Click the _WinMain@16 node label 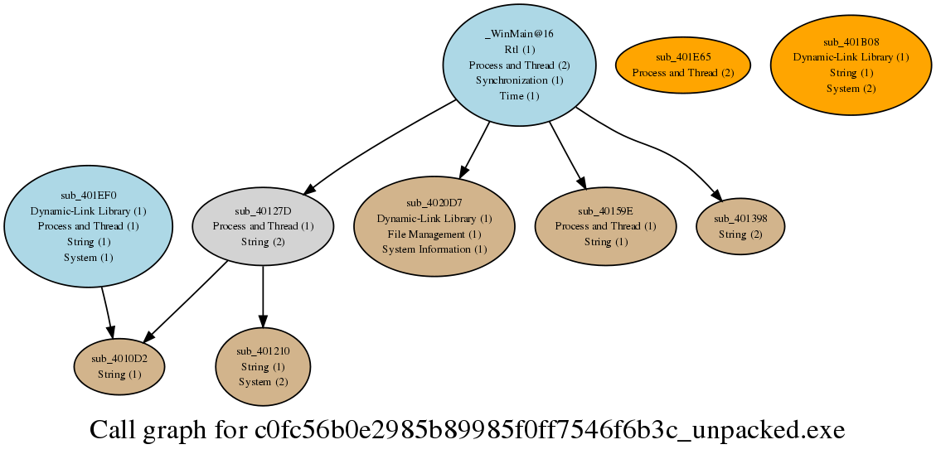[519, 33]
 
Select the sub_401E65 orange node [683, 65]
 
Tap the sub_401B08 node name [851, 41]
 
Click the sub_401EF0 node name [89, 196]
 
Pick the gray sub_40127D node [264, 226]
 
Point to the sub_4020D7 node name [434, 203]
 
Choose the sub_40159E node [605, 226]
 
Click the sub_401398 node [740, 226]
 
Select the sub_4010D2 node [119, 366]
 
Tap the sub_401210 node [264, 366]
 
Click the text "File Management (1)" [434, 234]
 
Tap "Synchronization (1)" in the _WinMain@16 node [519, 80]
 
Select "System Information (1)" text [434, 249]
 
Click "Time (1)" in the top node [519, 95]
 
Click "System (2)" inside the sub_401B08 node [851, 89]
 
